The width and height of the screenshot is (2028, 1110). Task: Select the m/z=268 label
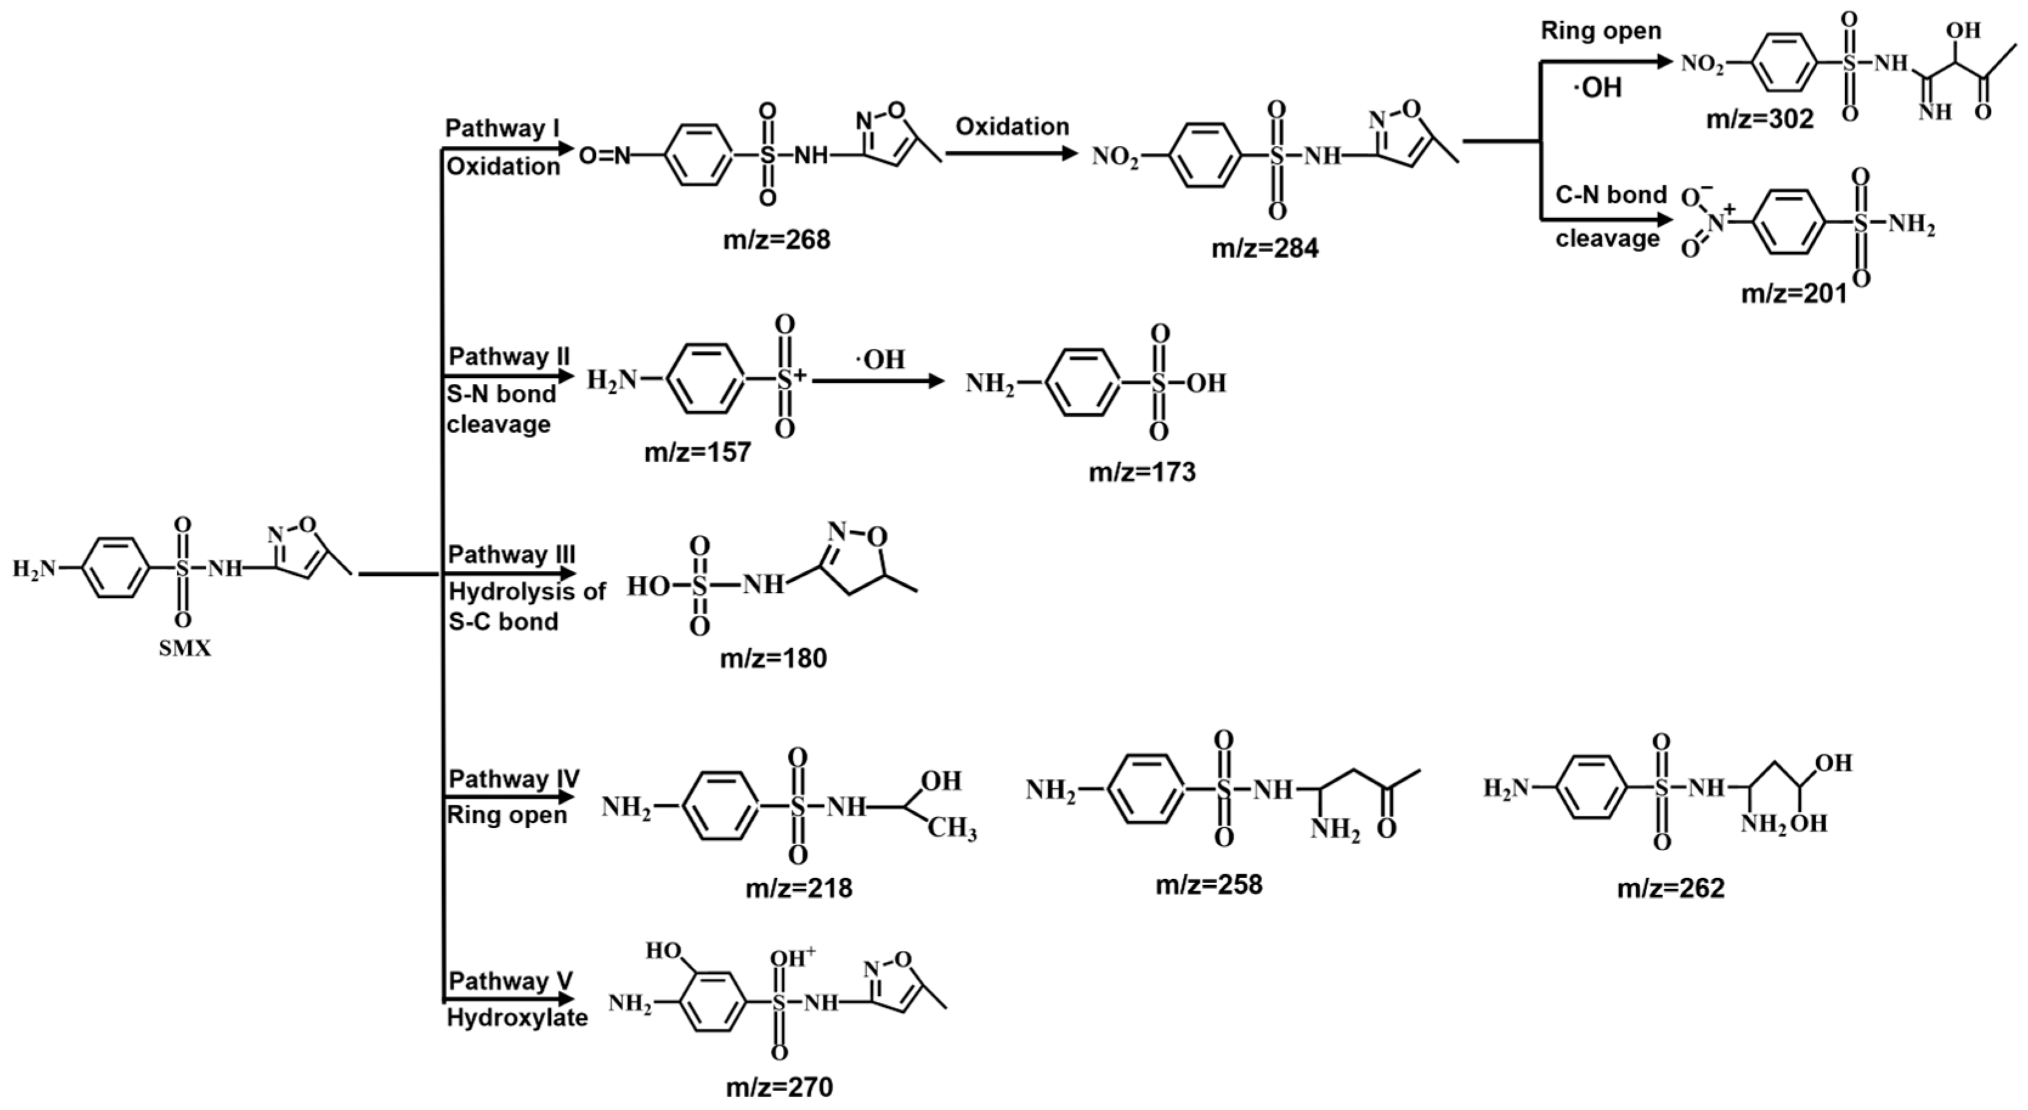pyautogui.click(x=776, y=239)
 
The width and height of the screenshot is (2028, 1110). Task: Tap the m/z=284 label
pyautogui.click(x=1265, y=248)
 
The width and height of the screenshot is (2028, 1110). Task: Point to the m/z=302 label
pyautogui.click(x=1760, y=119)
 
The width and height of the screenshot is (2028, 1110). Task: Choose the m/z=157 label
pyautogui.click(x=697, y=453)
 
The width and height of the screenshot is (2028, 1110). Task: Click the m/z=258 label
pyautogui.click(x=1209, y=885)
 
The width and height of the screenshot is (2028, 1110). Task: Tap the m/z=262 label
pyautogui.click(x=1671, y=888)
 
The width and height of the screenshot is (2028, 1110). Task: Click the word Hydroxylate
pyautogui.click(x=517, y=1017)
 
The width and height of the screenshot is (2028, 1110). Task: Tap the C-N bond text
pyautogui.click(x=1611, y=194)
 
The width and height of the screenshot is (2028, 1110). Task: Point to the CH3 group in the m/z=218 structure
pyautogui.click(x=951, y=831)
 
